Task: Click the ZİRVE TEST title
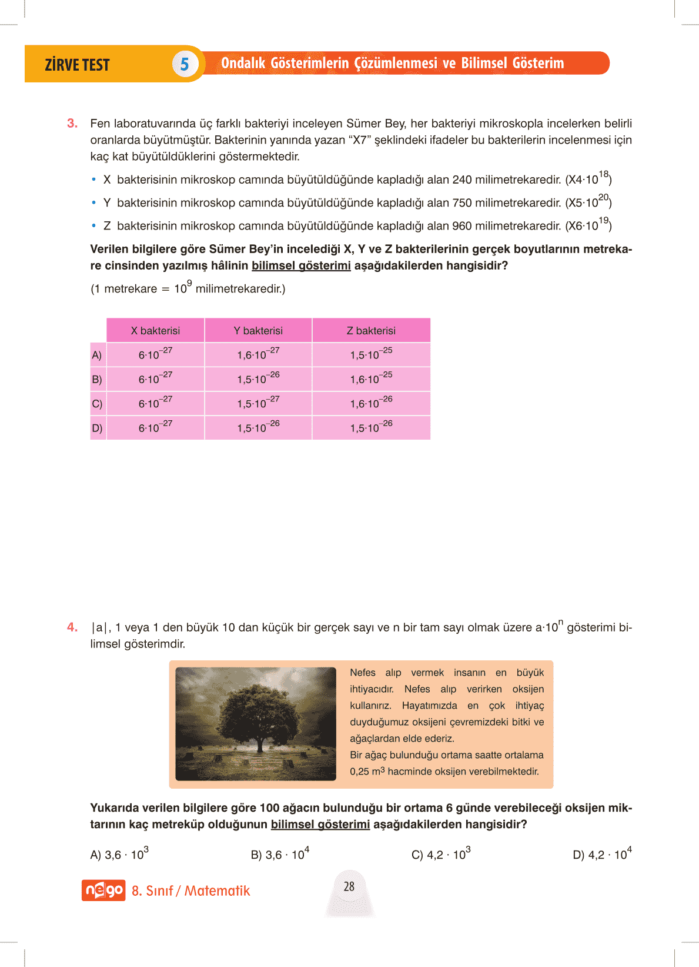click(77, 65)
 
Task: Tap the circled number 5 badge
click(184, 64)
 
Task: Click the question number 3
click(72, 124)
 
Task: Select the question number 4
click(72, 627)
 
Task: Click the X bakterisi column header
click(155, 331)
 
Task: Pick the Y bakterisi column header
click(258, 331)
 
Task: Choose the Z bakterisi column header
click(371, 331)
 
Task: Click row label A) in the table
click(97, 355)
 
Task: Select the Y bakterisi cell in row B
click(258, 379)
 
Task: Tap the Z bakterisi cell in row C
click(371, 403)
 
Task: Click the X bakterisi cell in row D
click(155, 428)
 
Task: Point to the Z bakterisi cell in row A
click(371, 355)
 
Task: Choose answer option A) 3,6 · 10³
click(119, 855)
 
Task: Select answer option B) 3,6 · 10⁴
click(280, 855)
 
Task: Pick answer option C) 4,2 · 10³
click(441, 855)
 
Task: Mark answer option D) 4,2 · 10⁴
click(602, 855)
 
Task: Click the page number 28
click(349, 886)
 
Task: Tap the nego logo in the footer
click(103, 890)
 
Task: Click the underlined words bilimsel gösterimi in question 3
click(301, 266)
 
